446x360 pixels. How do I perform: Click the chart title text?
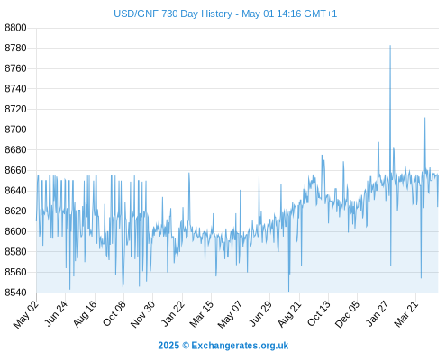pyautogui.click(x=225, y=13)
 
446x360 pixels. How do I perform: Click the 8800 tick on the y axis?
pyautogui.click(x=15, y=28)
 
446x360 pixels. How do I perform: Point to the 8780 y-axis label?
pyautogui.click(x=15, y=48)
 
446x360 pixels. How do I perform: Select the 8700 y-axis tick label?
pyautogui.click(x=15, y=130)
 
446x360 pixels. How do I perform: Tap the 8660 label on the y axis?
pyautogui.click(x=15, y=170)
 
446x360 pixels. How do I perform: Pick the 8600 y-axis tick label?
pyautogui.click(x=15, y=231)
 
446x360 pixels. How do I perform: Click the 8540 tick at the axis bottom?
pyautogui.click(x=15, y=292)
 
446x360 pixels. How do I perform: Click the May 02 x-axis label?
pyautogui.click(x=26, y=314)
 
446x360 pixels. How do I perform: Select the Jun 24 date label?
pyautogui.click(x=56, y=313)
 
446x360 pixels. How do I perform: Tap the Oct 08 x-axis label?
pyautogui.click(x=114, y=313)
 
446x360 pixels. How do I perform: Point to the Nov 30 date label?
pyautogui.click(x=143, y=314)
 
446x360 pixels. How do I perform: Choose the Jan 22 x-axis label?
pyautogui.click(x=173, y=313)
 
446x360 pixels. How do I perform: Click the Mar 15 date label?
pyautogui.click(x=202, y=313)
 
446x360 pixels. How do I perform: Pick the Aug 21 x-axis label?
pyautogui.click(x=289, y=313)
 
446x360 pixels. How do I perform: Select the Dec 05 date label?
pyautogui.click(x=348, y=314)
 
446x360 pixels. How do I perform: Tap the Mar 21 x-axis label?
pyautogui.click(x=406, y=313)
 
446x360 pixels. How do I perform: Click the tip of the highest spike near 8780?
pyautogui.click(x=390, y=46)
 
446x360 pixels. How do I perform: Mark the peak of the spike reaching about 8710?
pyautogui.click(x=424, y=118)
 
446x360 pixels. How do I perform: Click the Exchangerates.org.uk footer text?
pyautogui.click(x=240, y=346)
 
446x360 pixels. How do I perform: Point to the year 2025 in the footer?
pyautogui.click(x=168, y=346)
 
